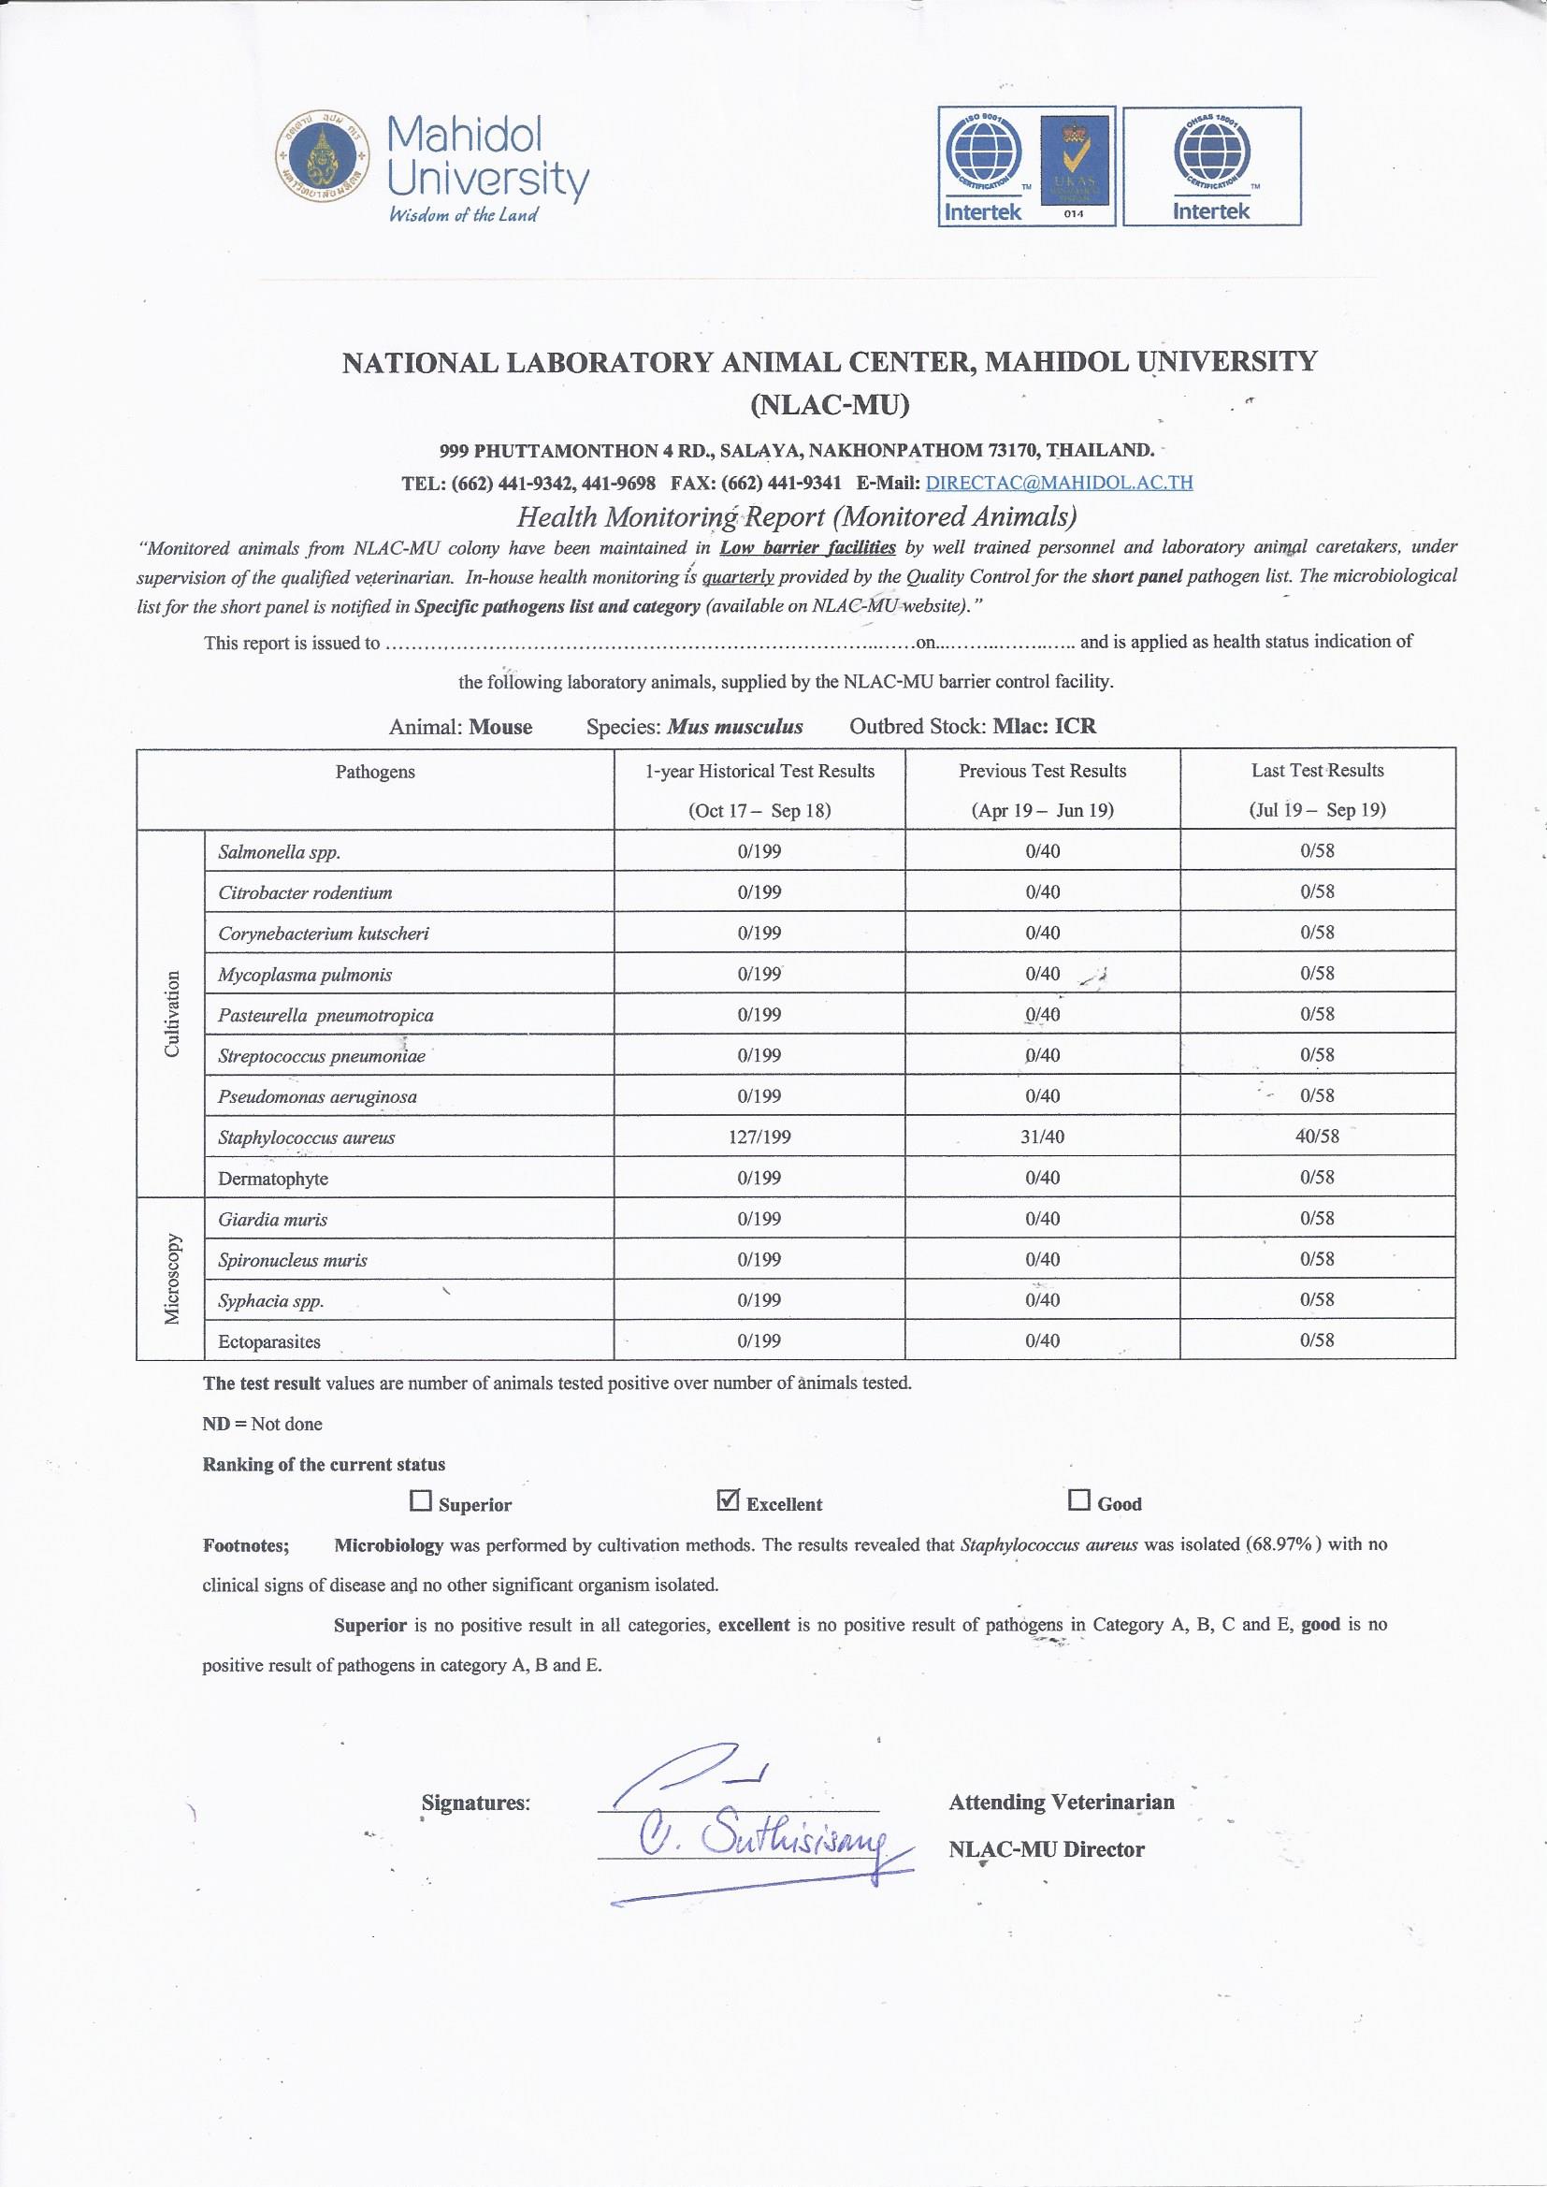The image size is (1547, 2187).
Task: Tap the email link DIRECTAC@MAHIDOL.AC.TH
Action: pos(1059,482)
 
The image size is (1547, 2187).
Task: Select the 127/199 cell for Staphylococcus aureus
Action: pos(759,1137)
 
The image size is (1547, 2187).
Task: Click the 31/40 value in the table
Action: pos(1042,1137)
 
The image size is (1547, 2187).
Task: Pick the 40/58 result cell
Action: pos(1317,1136)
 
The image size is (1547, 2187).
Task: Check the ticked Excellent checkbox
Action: pos(728,1501)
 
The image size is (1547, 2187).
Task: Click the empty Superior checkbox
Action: pos(420,1502)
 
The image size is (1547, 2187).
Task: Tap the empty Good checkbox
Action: pos(1078,1501)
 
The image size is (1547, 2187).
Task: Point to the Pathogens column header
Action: pos(374,772)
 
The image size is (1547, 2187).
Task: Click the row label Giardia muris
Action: pos(272,1219)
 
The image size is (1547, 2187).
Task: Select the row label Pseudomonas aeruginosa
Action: pos(317,1096)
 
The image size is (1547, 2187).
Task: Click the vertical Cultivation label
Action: pos(172,1013)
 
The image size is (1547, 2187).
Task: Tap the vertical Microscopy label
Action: pos(172,1279)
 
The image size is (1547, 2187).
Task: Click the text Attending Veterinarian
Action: pos(1062,1803)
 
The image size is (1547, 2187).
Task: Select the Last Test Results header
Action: pos(1317,771)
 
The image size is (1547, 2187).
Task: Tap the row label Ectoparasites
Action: pos(268,1342)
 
